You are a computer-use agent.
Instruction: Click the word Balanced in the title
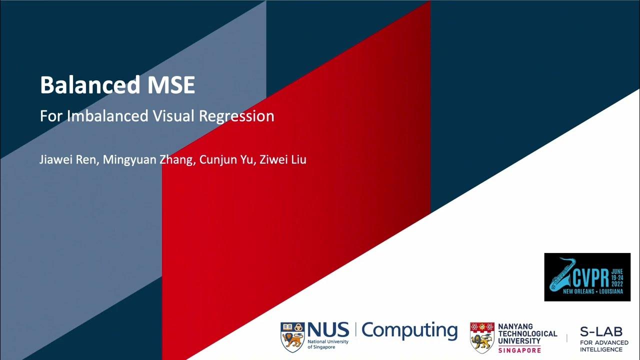(x=90, y=85)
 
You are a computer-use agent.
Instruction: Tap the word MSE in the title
(x=170, y=85)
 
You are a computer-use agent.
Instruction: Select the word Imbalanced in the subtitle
(x=107, y=116)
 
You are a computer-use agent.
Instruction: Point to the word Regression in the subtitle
(x=236, y=116)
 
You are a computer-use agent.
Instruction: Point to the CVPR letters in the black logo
(x=588, y=276)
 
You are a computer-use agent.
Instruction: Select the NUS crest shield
(x=292, y=335)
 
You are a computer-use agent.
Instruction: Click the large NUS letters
(x=328, y=329)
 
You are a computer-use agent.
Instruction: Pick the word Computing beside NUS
(x=409, y=331)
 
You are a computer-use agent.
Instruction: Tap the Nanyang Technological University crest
(x=482, y=336)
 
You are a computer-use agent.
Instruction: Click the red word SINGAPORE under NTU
(x=519, y=350)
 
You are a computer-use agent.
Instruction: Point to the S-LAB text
(x=601, y=331)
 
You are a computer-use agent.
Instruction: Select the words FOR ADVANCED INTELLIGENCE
(x=604, y=345)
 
